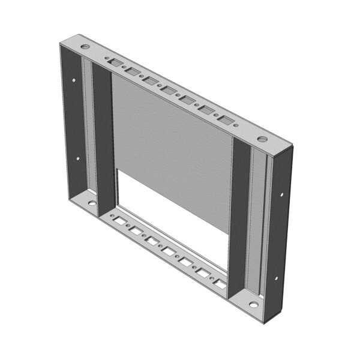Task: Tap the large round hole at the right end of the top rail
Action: (x=262, y=139)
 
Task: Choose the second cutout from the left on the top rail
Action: (x=133, y=71)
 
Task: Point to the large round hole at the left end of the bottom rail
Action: (x=92, y=202)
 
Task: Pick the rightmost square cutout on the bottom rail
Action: (x=222, y=283)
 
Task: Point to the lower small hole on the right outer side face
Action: (x=275, y=278)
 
